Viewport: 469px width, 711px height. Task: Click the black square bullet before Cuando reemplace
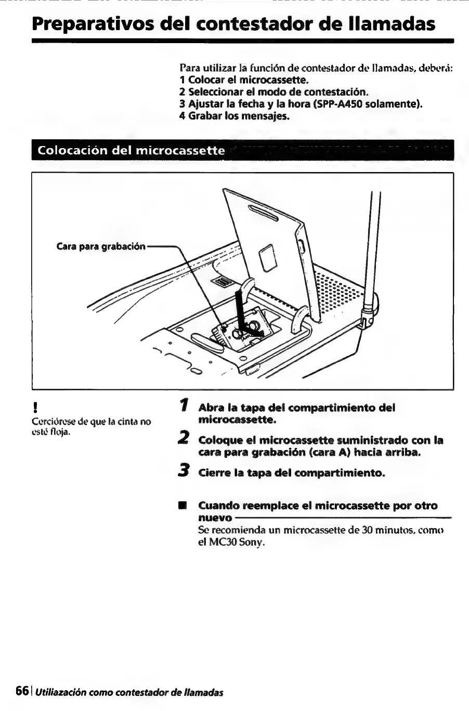click(x=182, y=506)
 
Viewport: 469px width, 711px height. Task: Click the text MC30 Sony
click(x=231, y=542)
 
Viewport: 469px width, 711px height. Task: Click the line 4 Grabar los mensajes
click(x=233, y=115)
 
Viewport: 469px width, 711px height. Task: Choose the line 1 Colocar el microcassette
click(x=243, y=80)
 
